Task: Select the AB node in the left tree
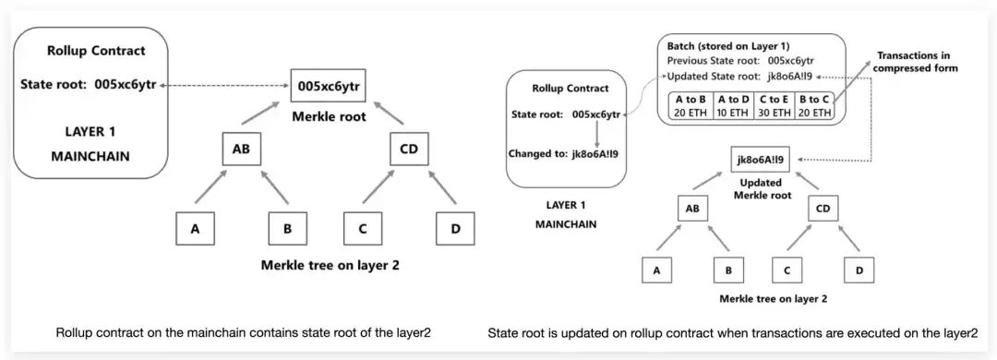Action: [240, 149]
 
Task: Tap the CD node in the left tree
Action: [410, 149]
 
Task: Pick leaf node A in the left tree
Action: [195, 229]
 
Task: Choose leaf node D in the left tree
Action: [454, 229]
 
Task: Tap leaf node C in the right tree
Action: [787, 270]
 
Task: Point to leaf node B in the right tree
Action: [728, 270]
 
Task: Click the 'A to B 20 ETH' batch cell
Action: [691, 106]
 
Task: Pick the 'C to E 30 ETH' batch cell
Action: [774, 106]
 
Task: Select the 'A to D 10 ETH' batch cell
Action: [732, 106]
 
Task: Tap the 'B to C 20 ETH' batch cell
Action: [814, 106]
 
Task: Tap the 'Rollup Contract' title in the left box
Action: [96, 50]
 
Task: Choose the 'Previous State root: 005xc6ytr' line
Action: [740, 62]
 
